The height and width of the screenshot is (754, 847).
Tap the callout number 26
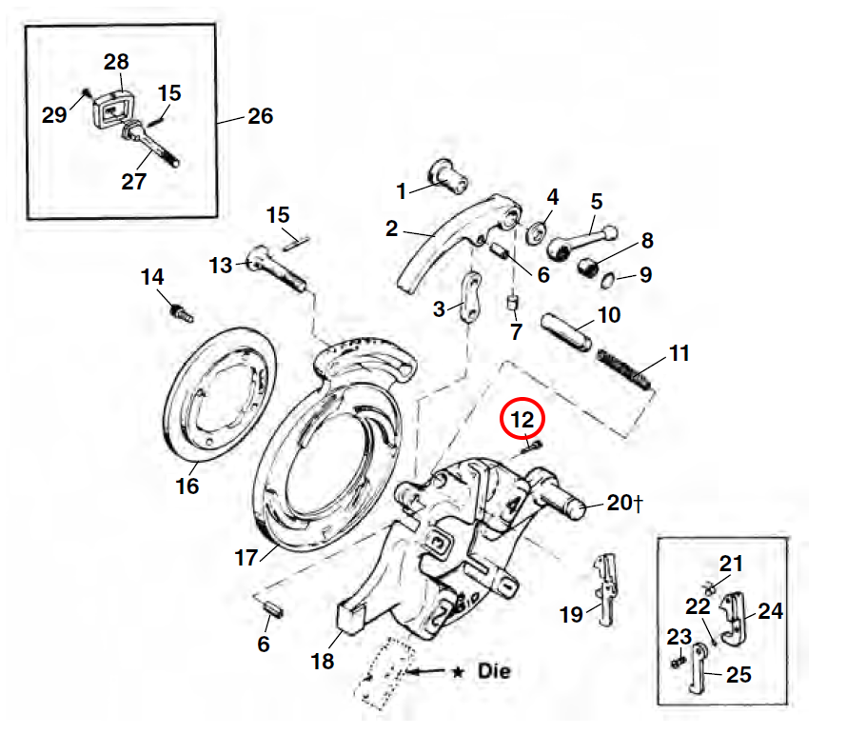coord(260,116)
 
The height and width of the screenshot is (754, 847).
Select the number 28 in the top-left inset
coord(116,63)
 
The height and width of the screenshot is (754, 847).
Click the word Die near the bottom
coord(494,671)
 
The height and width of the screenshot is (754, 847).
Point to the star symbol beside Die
coord(458,672)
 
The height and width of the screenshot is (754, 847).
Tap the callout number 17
coord(246,558)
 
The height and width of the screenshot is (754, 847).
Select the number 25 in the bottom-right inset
coord(738,675)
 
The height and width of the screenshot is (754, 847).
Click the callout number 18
coord(324,660)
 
